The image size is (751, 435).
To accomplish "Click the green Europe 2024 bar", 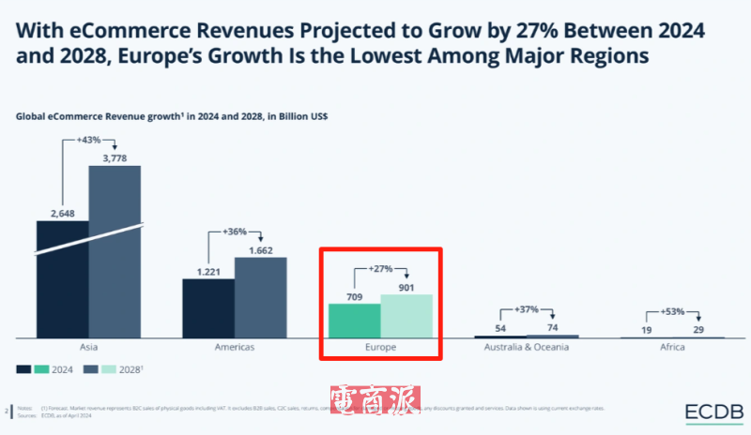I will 354,321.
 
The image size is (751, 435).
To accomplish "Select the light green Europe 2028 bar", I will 406,316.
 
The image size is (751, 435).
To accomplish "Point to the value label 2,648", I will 61,213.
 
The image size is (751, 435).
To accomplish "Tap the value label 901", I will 406,288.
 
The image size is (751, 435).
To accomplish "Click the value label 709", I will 353,296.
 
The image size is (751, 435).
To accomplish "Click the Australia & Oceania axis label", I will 526,347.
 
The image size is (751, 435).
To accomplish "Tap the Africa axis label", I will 671,347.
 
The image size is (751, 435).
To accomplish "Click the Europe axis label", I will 380,347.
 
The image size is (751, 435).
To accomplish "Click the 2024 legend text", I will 64,368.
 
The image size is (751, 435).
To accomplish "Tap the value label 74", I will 553,327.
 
